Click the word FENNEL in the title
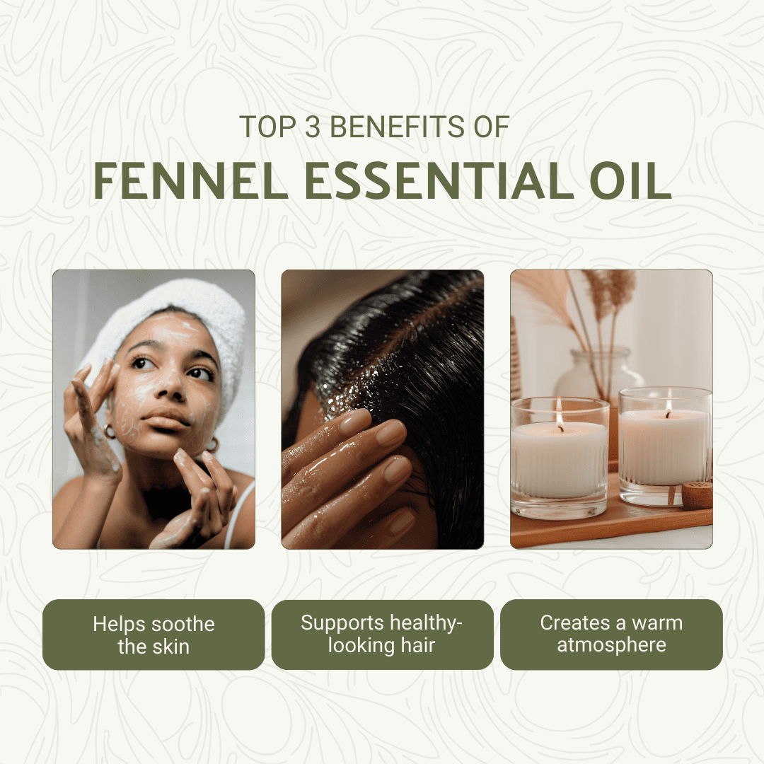(190, 180)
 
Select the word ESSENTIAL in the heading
(439, 180)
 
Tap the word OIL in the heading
(630, 180)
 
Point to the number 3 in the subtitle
(313, 127)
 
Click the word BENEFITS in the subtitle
(397, 127)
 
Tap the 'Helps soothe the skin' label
(154, 635)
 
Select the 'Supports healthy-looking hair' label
(383, 635)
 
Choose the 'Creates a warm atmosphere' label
(611, 635)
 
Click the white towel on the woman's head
(195, 322)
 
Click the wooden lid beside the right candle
(697, 494)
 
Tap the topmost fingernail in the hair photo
(354, 421)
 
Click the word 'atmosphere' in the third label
(611, 645)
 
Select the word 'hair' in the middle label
(417, 645)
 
